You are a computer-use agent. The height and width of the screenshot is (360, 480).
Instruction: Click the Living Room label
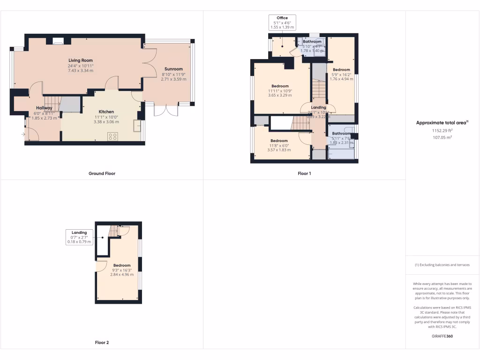(x=81, y=60)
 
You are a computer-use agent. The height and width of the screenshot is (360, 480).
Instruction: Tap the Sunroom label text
(x=173, y=69)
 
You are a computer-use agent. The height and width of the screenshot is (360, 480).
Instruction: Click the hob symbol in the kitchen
(x=113, y=136)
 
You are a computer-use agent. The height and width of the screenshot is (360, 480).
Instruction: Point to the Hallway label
(x=45, y=108)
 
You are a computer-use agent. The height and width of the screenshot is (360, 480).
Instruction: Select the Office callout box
(x=282, y=23)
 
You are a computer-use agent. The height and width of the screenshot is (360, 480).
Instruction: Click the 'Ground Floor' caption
(x=102, y=173)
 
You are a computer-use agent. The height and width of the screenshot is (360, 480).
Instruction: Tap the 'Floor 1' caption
(x=304, y=173)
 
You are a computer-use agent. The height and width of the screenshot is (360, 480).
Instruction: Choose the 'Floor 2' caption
(x=102, y=343)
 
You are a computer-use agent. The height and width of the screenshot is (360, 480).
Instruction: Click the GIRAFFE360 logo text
(x=442, y=336)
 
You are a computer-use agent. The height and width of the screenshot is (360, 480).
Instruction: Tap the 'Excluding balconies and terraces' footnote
(x=442, y=265)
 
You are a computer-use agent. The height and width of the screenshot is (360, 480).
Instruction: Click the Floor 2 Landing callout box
(x=79, y=237)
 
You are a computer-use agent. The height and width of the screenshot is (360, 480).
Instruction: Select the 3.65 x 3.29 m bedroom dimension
(x=280, y=95)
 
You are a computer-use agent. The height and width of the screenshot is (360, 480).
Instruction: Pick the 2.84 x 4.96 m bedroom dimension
(x=118, y=275)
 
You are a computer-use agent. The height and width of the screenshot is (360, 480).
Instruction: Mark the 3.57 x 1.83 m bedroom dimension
(x=279, y=150)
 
